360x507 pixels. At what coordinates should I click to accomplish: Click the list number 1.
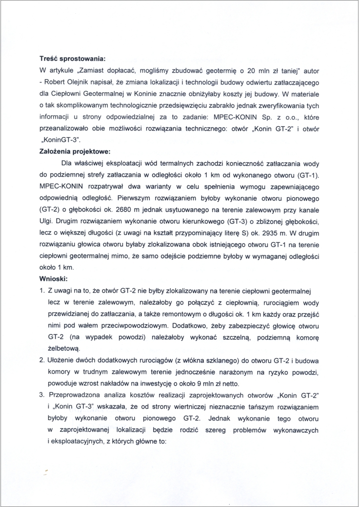pos(42,291)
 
